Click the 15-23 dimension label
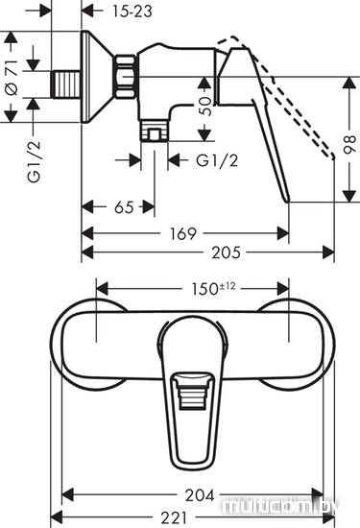point(132,12)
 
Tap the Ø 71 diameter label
point(12,77)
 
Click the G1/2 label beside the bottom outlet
point(217,160)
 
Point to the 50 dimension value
point(205,107)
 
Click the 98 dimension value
point(349,144)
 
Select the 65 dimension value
point(124,207)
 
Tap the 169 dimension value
point(182,233)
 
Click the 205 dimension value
point(227,252)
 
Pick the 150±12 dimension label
point(213,289)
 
